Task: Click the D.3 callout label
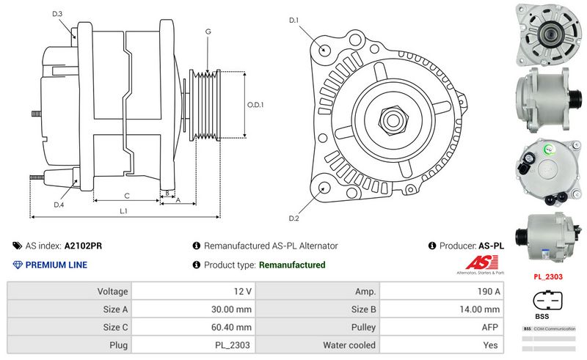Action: tap(58, 14)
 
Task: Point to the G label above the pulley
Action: tap(208, 32)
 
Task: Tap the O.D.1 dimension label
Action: tap(255, 105)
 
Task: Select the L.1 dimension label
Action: tap(124, 211)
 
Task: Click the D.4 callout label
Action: tap(58, 205)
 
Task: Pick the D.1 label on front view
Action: tap(294, 20)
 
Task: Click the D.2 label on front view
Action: tap(294, 218)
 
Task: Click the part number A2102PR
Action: tap(83, 246)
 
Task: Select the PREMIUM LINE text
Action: tap(56, 265)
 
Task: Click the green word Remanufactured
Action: tap(292, 265)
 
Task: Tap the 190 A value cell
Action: tap(487, 292)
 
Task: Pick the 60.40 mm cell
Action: tap(230, 327)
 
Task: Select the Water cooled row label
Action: tap(349, 345)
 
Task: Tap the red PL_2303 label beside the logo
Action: tap(547, 278)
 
